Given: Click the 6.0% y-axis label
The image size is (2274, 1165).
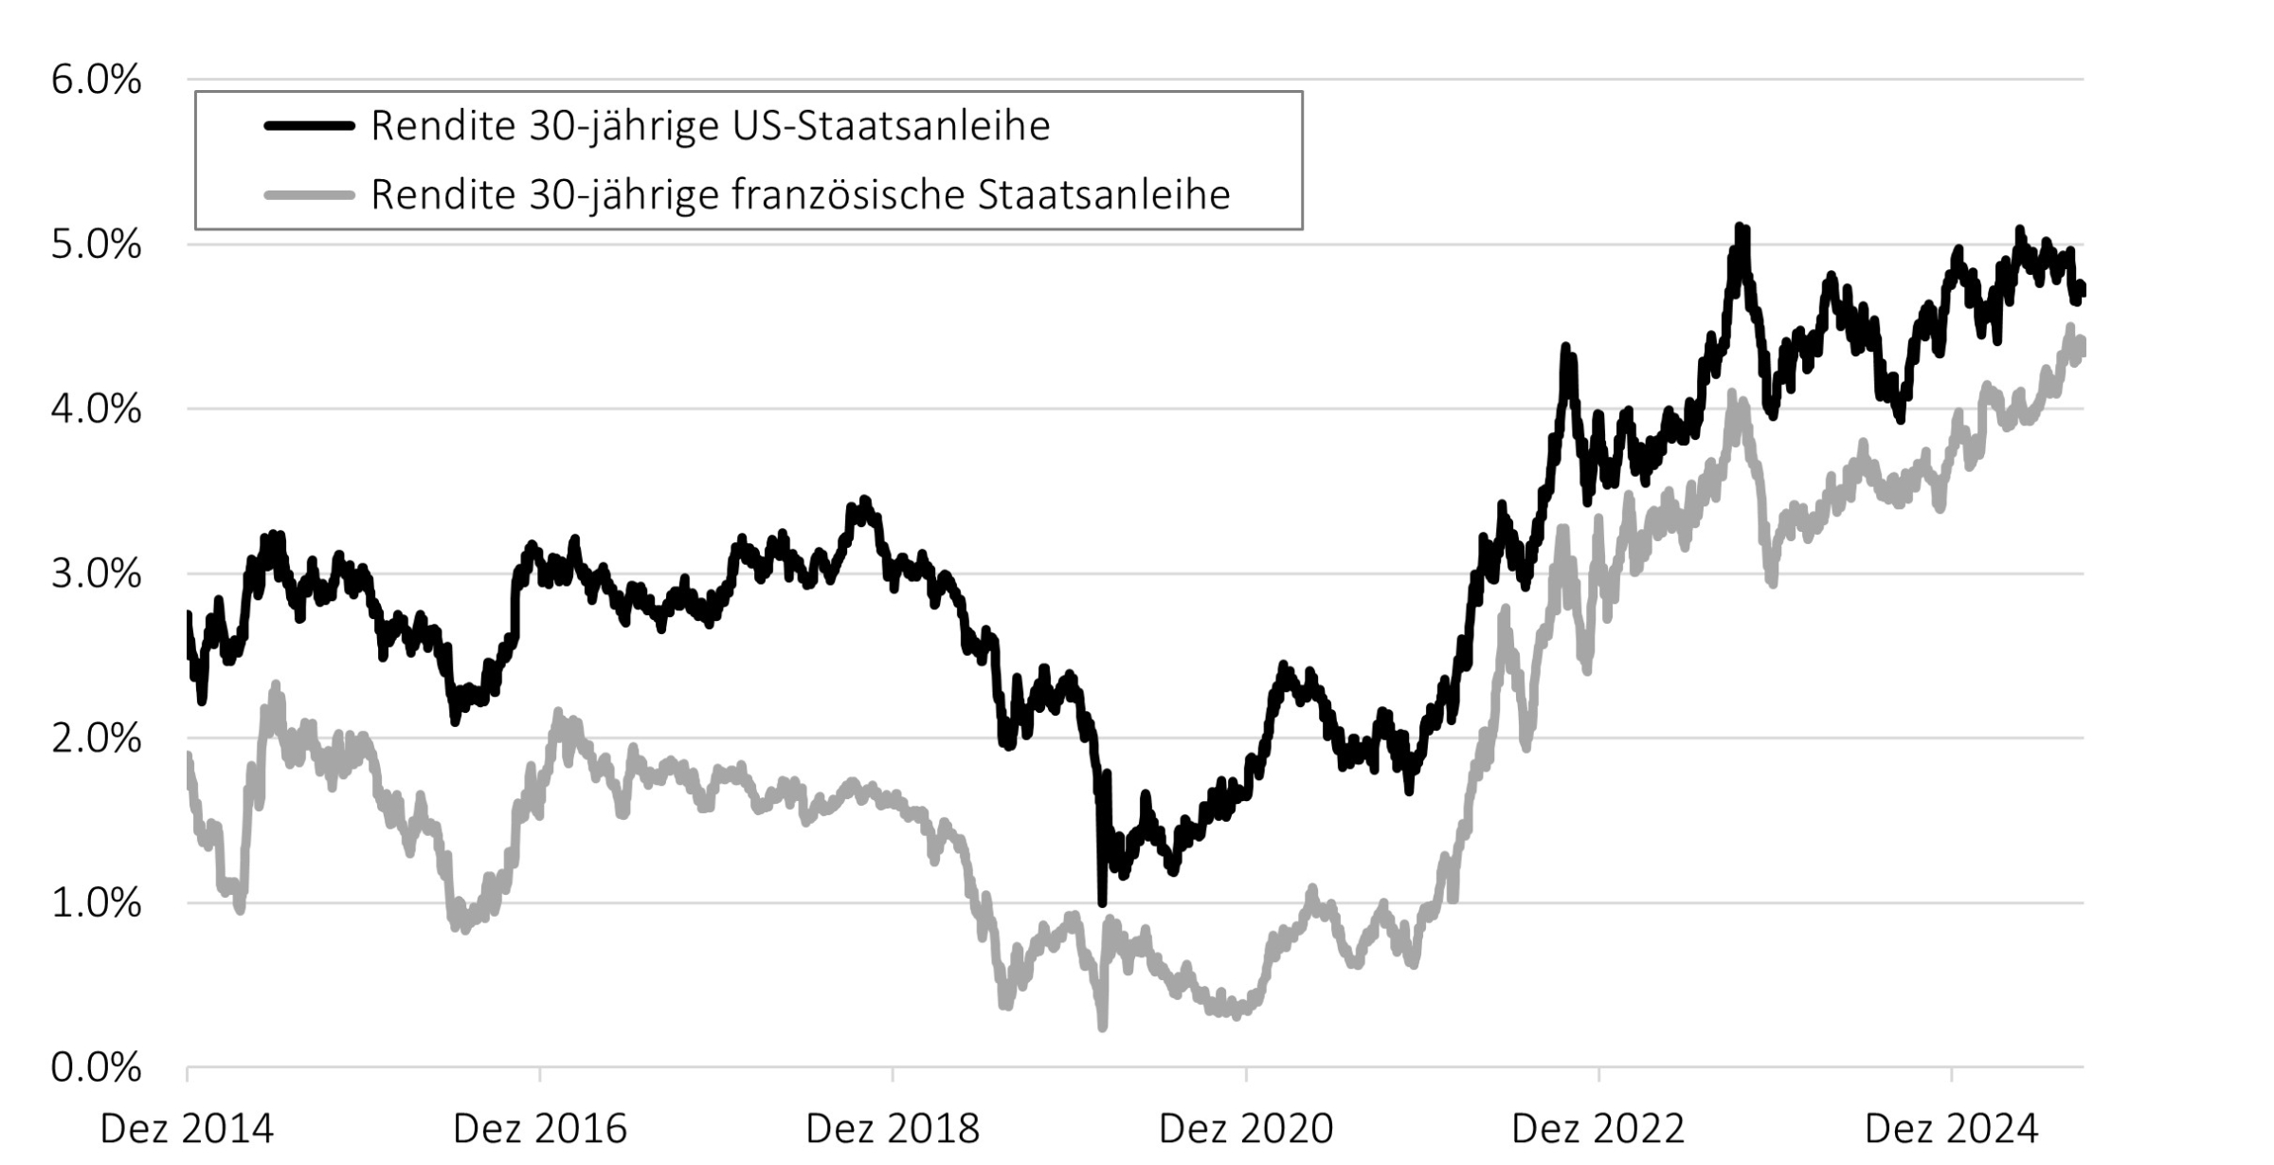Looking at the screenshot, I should pos(96,81).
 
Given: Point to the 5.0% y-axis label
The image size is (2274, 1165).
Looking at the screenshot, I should pos(96,246).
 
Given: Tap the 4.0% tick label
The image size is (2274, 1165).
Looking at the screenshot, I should pos(96,410).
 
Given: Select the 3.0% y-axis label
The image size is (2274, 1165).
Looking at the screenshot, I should pos(96,574).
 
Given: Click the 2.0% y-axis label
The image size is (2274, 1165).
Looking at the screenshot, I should pos(96,739).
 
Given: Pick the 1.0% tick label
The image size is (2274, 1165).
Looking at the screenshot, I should pos(96,903).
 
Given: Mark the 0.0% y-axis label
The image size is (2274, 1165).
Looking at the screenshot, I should pos(96,1068).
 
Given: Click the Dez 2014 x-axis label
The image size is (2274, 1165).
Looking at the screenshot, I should pos(187,1129).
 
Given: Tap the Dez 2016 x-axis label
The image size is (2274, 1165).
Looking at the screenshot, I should pos(540,1129).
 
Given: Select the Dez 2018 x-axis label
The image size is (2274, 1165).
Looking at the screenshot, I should pos(893,1129).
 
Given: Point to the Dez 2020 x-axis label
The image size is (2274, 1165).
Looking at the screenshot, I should pos(1246,1129).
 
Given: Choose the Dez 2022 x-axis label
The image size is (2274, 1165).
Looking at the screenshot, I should pos(1598,1129).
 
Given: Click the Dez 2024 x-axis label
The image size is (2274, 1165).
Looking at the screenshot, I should pos(1951,1129).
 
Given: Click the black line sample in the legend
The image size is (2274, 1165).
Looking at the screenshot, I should pos(309,126).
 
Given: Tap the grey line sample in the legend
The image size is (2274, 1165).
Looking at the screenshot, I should pos(309,195).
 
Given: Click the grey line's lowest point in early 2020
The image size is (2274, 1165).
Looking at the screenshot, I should pos(1102,1027).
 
